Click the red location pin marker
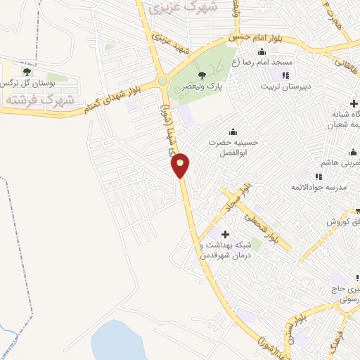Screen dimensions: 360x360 click(x=181, y=165)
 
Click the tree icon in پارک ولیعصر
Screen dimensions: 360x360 click(x=202, y=75)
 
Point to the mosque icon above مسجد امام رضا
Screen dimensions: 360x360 click(x=262, y=51)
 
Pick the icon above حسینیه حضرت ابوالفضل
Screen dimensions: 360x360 click(x=233, y=131)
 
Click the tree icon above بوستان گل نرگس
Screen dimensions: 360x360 click(x=27, y=72)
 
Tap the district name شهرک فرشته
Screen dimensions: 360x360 click(x=30, y=100)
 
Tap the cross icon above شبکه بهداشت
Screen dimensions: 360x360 click(x=225, y=234)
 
